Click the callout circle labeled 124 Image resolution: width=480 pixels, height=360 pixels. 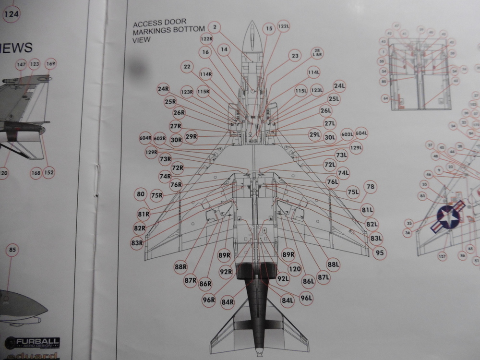[11, 14]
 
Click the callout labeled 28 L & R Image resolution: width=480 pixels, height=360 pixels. [317, 53]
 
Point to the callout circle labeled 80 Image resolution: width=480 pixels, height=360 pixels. [140, 194]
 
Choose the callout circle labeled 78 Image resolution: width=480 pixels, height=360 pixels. [370, 187]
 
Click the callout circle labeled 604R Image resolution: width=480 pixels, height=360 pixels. [146, 138]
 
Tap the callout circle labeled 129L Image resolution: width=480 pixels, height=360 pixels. [356, 147]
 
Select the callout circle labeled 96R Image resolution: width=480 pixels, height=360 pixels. [209, 300]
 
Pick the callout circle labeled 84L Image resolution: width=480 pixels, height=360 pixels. [287, 301]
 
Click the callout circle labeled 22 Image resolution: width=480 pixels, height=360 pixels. [188, 68]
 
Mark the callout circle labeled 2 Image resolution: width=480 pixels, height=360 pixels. [216, 27]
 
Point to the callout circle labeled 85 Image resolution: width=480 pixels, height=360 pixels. [12, 250]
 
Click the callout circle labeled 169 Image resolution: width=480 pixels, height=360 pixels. [51, 64]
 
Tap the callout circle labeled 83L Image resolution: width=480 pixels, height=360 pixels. [376, 238]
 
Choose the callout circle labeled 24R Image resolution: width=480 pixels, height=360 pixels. [163, 89]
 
